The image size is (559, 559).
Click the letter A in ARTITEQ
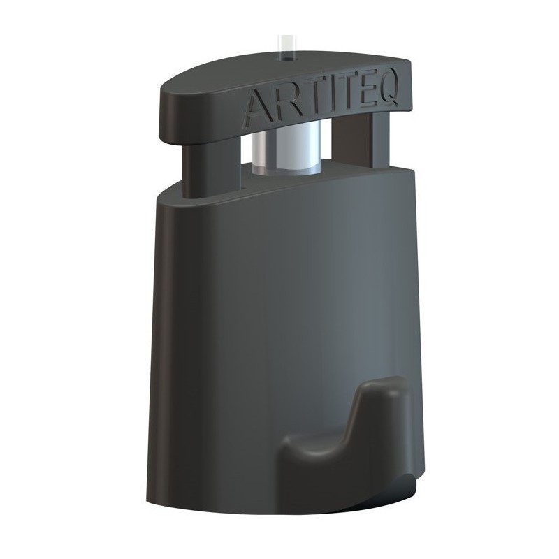pyautogui.click(x=256, y=108)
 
